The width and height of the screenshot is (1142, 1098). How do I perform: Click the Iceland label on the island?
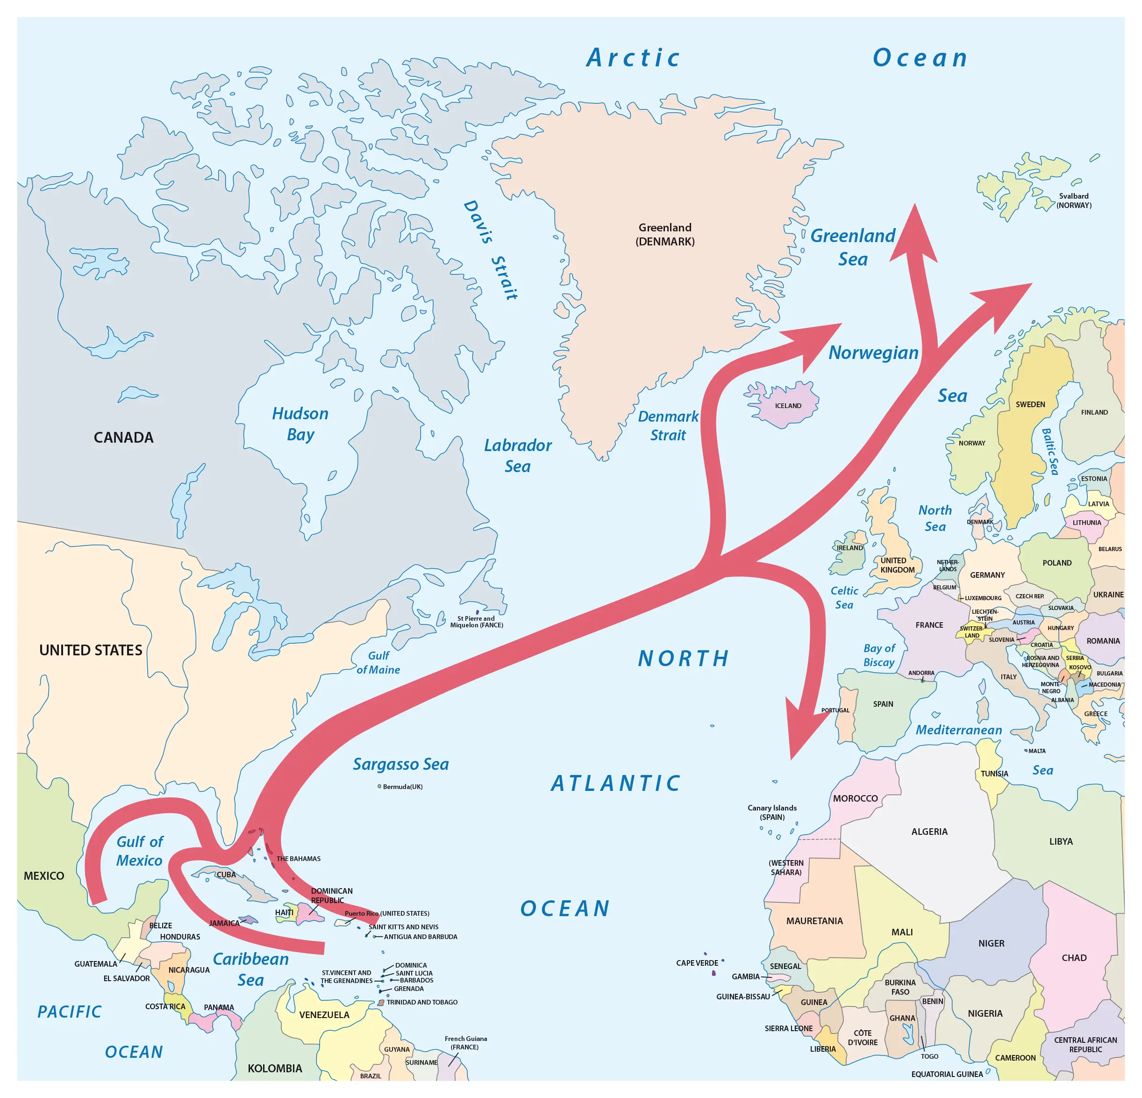point(788,406)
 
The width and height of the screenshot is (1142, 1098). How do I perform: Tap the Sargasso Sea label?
point(401,764)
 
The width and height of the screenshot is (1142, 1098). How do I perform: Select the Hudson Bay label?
point(300,423)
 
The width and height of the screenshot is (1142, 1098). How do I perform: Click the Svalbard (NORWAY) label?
point(1074,201)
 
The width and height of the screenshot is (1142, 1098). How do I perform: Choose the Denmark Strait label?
point(668,425)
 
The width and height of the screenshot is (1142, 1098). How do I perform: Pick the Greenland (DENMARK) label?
point(665,234)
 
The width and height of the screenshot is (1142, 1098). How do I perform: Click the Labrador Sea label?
point(517,455)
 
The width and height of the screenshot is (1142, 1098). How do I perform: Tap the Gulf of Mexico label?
point(140,851)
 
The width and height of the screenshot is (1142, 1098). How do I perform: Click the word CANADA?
point(123,437)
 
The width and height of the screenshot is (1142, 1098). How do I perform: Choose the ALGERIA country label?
point(929,832)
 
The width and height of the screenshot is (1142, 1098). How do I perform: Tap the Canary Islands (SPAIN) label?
point(772,812)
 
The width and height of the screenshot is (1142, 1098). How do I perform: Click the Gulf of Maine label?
point(378,663)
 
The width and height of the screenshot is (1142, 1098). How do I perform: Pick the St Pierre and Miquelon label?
point(476,621)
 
